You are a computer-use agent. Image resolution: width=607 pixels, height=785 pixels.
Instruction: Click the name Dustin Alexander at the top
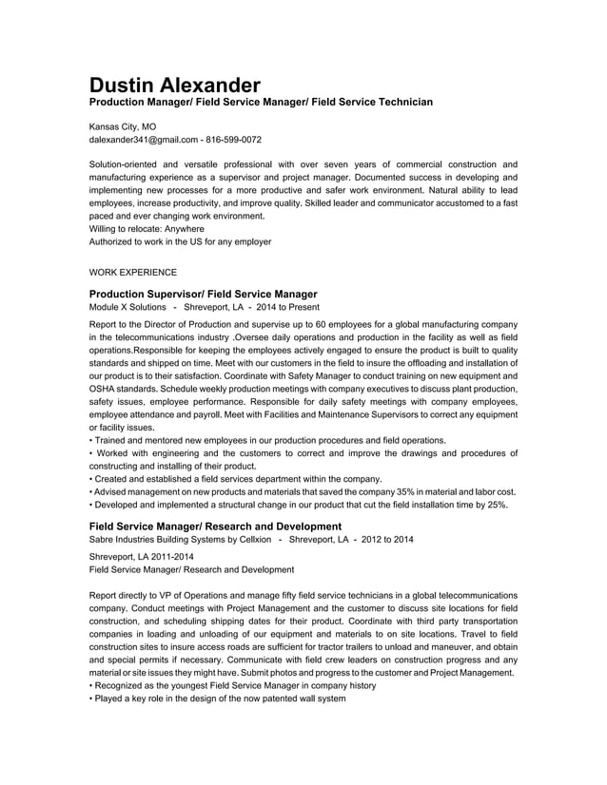(x=174, y=84)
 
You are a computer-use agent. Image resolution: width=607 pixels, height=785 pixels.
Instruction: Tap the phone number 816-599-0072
(x=233, y=140)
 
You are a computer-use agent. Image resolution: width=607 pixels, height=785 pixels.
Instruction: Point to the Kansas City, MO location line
(x=123, y=125)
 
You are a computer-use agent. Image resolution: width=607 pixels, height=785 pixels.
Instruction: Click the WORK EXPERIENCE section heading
(x=132, y=273)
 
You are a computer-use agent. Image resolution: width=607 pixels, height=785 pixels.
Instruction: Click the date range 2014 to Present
(x=287, y=308)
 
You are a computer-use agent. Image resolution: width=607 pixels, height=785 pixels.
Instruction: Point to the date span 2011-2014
(x=171, y=556)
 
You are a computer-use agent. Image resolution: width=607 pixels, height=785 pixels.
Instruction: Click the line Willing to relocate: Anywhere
(x=147, y=228)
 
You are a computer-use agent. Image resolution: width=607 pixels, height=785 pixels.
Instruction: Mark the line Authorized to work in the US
(x=180, y=242)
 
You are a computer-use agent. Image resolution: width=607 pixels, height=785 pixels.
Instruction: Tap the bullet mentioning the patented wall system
(x=218, y=699)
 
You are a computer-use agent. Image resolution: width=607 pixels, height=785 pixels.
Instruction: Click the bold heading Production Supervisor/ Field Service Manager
(x=203, y=294)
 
